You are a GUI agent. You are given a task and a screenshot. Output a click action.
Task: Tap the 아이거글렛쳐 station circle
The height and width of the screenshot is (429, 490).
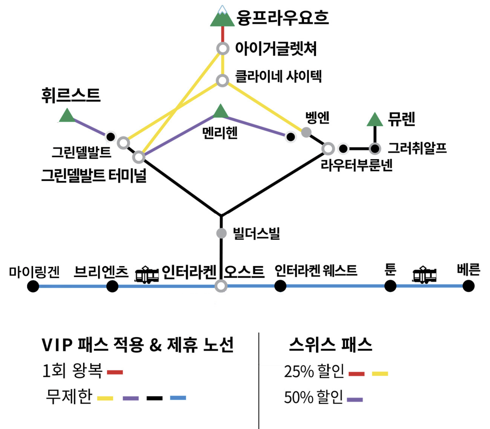coord(223,48)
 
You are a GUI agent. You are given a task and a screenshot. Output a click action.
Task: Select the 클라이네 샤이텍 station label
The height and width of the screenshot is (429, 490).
coord(278,76)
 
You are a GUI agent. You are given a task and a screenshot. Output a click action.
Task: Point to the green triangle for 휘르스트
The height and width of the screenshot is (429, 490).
coord(67,116)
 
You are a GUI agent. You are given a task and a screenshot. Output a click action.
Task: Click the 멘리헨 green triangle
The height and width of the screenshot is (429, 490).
coord(221,111)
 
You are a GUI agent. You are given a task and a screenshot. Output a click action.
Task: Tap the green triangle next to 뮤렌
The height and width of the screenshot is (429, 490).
coord(375,120)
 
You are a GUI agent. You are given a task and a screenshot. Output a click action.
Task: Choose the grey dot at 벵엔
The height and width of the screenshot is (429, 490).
coord(306,132)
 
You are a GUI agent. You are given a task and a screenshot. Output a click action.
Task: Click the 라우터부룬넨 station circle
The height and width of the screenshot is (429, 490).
coord(328,148)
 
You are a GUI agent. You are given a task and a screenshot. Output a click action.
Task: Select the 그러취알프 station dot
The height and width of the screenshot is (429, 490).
coord(375,149)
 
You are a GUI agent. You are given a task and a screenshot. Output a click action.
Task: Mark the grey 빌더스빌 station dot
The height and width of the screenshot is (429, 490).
coord(221,233)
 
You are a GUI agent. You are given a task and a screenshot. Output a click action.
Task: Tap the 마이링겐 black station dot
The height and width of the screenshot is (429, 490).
coord(33,286)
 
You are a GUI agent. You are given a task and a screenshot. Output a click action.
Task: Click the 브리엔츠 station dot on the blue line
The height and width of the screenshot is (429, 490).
coord(112,286)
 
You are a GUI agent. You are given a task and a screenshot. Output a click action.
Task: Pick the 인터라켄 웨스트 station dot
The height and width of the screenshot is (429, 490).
coord(280,286)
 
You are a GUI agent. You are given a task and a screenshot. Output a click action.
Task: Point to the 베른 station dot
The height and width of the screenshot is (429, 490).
coord(468,286)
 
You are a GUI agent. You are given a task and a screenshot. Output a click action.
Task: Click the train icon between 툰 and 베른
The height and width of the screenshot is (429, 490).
coord(424,275)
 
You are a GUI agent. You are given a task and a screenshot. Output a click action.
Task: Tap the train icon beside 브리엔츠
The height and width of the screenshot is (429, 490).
coord(147,275)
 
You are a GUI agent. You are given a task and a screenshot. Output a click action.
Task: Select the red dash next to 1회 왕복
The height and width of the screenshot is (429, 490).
coord(115,372)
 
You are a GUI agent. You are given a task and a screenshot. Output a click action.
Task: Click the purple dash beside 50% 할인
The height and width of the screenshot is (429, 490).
coord(355,400)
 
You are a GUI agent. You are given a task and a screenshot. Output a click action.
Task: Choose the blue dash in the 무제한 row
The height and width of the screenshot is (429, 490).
coord(178,398)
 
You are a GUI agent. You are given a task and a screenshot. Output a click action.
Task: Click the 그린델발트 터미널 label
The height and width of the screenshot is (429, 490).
coord(94,175)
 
